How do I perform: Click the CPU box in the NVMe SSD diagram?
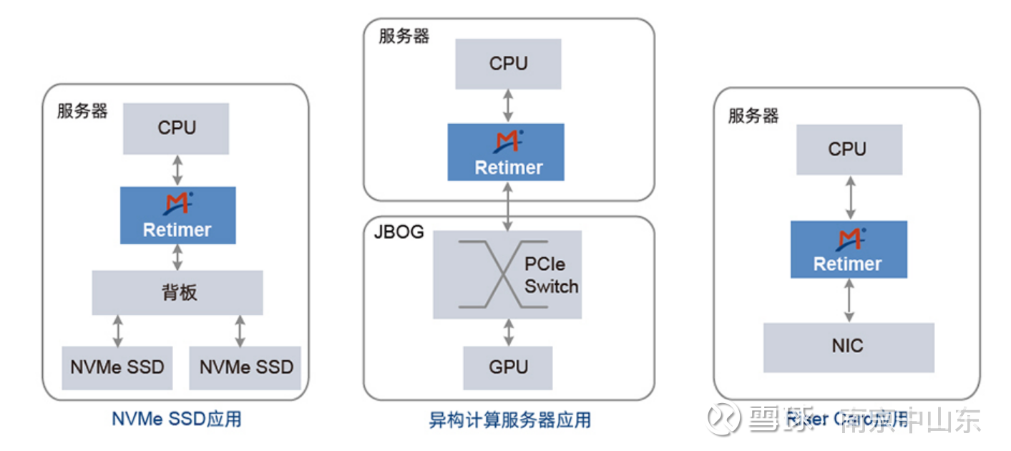click(x=176, y=128)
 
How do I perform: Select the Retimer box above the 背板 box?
click(x=177, y=215)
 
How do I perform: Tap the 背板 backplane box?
click(x=177, y=292)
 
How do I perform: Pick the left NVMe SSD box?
click(x=117, y=367)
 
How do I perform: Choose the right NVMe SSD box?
click(x=246, y=367)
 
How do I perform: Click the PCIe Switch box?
click(x=507, y=274)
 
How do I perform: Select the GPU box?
click(x=508, y=367)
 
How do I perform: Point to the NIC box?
click(x=848, y=346)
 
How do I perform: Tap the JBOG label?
click(x=399, y=232)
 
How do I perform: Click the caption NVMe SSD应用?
click(x=176, y=419)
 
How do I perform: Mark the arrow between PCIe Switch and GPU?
click(x=509, y=332)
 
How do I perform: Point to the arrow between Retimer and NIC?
click(x=849, y=300)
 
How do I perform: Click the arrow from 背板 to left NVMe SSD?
click(x=118, y=331)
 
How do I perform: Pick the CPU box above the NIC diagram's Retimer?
click(x=849, y=150)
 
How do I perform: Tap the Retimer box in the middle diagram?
click(x=506, y=152)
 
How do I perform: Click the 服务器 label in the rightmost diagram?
click(x=753, y=116)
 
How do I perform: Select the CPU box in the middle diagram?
click(x=508, y=64)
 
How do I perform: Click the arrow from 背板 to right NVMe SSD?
click(x=240, y=331)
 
